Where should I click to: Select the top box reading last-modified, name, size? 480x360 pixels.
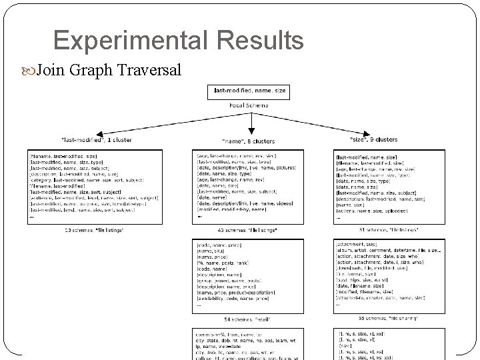tap(249, 90)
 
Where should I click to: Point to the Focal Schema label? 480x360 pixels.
tap(249, 105)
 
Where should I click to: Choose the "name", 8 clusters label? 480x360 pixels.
tap(250, 141)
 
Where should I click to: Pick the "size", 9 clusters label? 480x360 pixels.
tap(373, 139)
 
